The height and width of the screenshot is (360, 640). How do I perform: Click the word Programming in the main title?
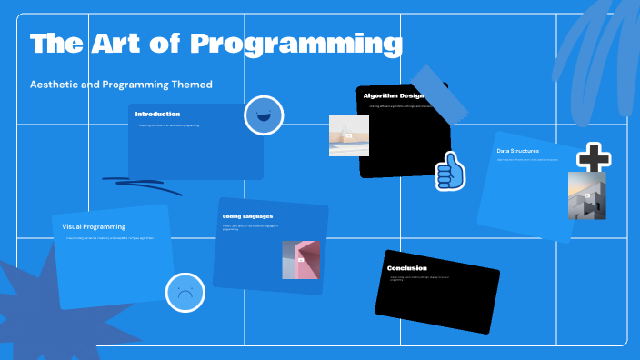click(296, 44)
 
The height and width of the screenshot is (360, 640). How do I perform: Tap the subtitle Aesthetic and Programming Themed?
click(121, 85)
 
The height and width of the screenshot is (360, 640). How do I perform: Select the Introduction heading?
click(157, 115)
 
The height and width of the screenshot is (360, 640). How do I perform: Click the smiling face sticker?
click(264, 115)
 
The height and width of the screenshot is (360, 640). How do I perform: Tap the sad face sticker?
click(185, 293)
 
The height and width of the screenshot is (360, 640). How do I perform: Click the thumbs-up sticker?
click(449, 170)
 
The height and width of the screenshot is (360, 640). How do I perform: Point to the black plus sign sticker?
click(593, 158)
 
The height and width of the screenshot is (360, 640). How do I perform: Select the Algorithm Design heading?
click(393, 95)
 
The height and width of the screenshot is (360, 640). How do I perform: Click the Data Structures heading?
click(517, 151)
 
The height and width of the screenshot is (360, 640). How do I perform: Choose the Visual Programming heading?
click(94, 226)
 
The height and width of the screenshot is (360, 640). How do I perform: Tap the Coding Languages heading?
click(247, 216)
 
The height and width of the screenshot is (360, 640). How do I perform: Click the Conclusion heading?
click(406, 268)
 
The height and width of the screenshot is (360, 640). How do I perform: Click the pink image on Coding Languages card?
click(300, 260)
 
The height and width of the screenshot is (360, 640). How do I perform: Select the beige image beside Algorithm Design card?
click(348, 135)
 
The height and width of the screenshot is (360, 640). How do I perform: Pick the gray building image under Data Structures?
click(586, 195)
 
